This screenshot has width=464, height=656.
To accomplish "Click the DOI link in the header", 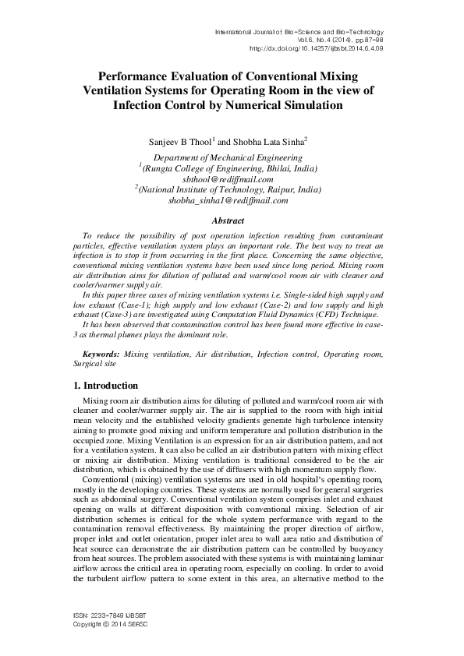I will [x=317, y=48].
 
